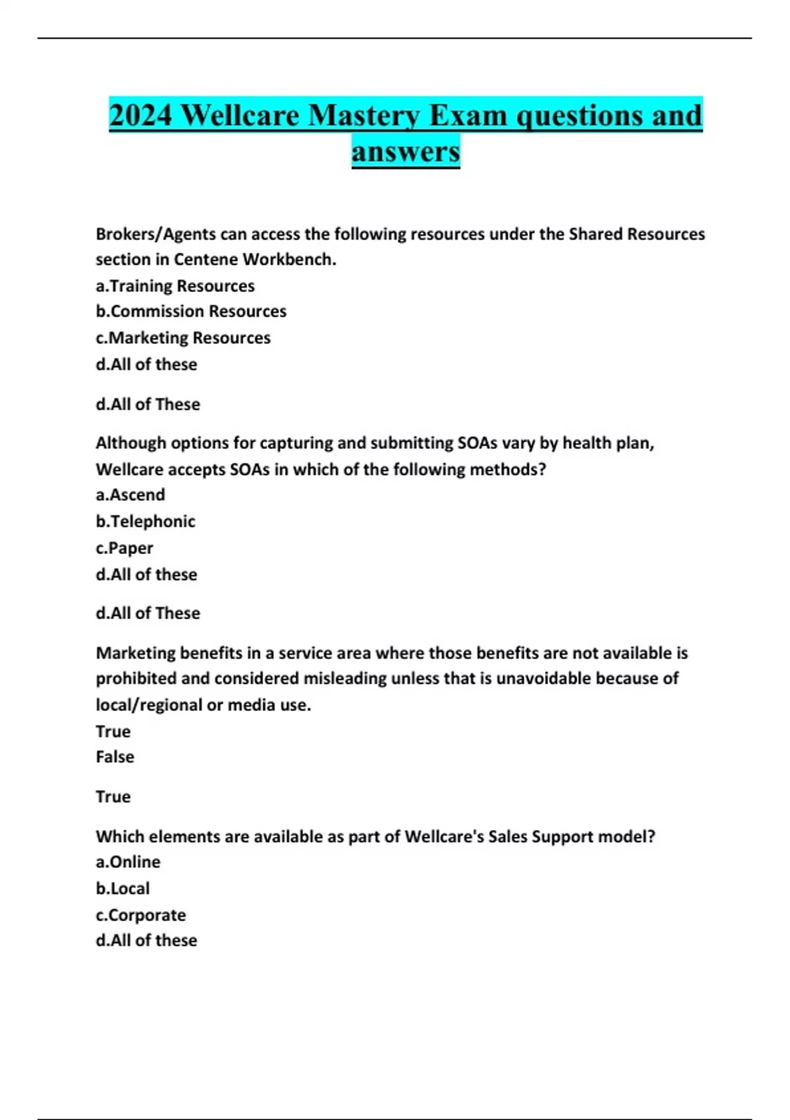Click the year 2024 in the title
pos(141,116)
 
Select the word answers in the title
pos(406,152)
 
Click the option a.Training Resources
pos(175,286)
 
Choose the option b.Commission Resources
pos(191,311)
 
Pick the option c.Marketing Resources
pos(183,338)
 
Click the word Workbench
pos(289,260)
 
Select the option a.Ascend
pos(130,495)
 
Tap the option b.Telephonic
pos(145,522)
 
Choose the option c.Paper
pos(124,548)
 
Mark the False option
pos(115,757)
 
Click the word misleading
pos(345,679)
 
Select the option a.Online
pos(128,862)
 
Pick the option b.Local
pos(123,889)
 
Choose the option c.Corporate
pos(141,915)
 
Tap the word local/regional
pos(149,705)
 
